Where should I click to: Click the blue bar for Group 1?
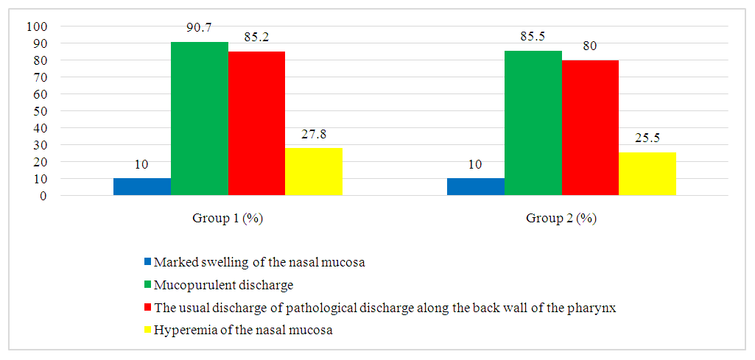142,187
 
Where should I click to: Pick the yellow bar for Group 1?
314,172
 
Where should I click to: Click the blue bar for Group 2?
476,187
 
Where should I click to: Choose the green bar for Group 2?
533,124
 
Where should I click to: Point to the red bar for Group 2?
590,128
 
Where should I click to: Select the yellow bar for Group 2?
647,174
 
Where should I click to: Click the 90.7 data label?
200,34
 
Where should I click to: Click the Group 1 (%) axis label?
228,219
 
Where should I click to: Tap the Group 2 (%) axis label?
561,219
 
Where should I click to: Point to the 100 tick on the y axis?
36,27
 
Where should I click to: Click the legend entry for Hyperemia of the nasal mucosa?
242,331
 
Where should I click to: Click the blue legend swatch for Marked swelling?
147,261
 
